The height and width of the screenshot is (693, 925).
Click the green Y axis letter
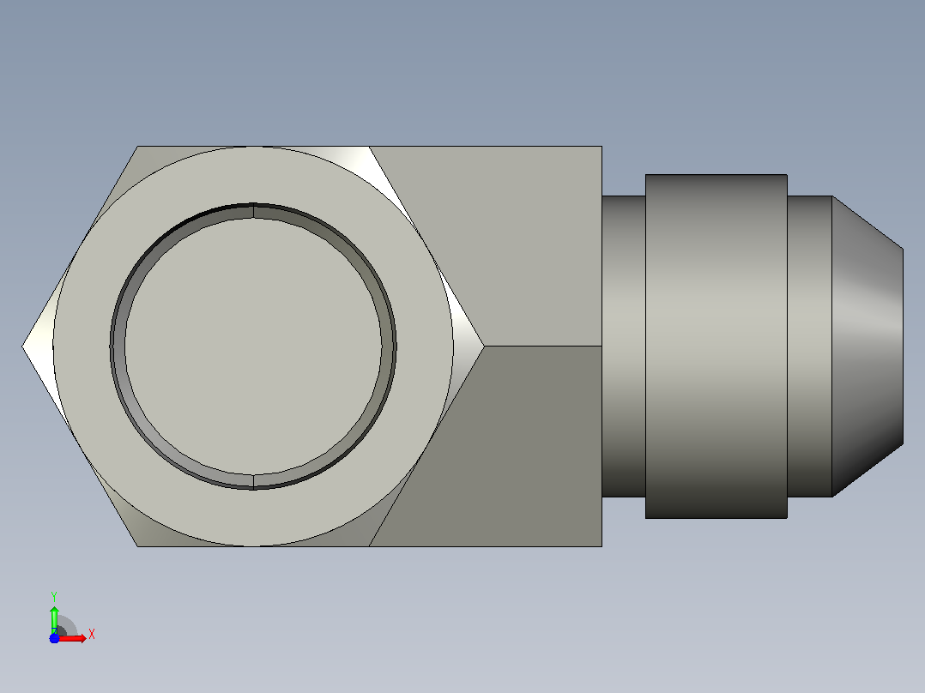(x=54, y=596)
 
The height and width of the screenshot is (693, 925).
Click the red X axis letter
(x=92, y=635)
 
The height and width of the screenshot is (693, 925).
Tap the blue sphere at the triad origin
(x=54, y=638)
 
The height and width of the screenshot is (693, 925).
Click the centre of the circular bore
(x=253, y=346)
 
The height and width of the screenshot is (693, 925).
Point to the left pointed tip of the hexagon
(x=22, y=346)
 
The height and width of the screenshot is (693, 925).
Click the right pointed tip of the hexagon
(x=484, y=346)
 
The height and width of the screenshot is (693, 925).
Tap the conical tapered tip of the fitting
(x=868, y=346)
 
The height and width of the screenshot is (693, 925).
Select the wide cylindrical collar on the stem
(x=716, y=346)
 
